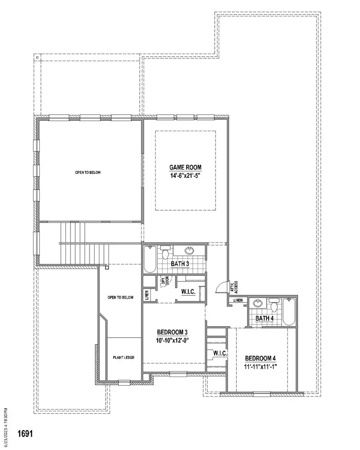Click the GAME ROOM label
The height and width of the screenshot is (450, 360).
tap(185, 167)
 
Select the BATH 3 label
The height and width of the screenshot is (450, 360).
tap(179, 264)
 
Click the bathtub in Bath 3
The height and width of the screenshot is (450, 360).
tap(150, 260)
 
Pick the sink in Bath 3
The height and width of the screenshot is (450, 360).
tap(189, 251)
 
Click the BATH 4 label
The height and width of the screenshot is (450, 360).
tap(265, 319)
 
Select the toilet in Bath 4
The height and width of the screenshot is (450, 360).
tap(274, 305)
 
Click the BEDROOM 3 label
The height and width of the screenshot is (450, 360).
tap(172, 332)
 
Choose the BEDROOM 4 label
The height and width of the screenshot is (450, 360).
tap(260, 358)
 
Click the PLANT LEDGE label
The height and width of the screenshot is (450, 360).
tap(124, 357)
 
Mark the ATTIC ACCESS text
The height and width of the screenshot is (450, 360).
tap(234, 286)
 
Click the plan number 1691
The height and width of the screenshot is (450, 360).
tap(25, 434)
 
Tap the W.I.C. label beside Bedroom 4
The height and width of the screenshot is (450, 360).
tap(220, 354)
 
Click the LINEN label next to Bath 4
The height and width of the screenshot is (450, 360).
tap(238, 300)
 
